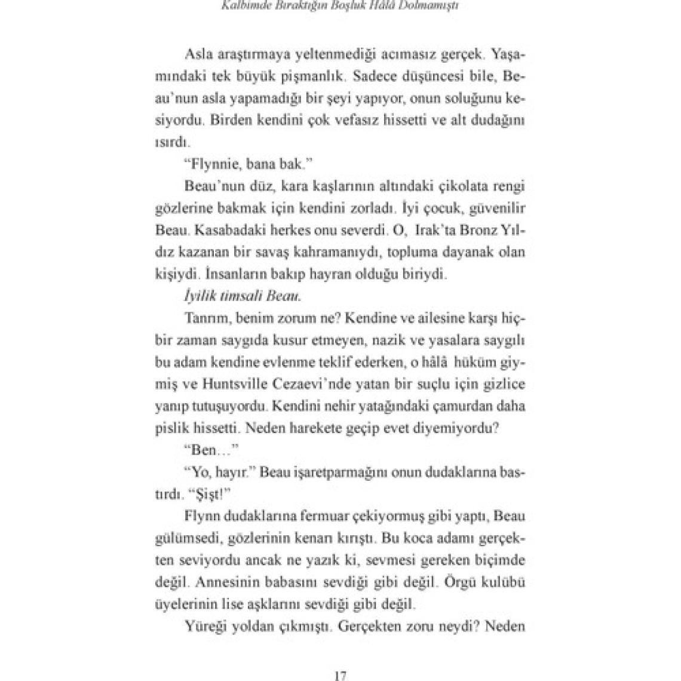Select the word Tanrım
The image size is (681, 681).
203,318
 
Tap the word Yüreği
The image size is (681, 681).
207,627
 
